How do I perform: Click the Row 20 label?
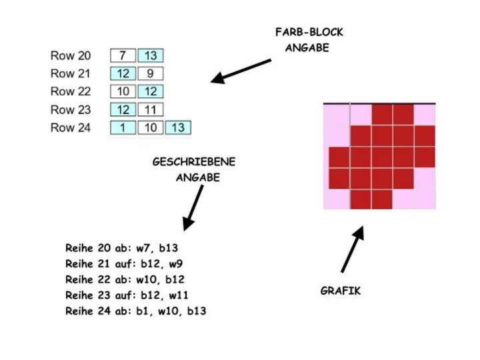pos(71,56)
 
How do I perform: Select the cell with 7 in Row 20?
pos(123,56)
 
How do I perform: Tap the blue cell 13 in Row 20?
pos(151,56)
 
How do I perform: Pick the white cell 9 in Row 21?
pos(151,74)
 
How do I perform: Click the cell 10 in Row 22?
pos(123,91)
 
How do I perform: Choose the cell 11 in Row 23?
pos(151,109)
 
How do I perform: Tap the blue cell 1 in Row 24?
pos(123,127)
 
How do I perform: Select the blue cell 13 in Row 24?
pos(178,127)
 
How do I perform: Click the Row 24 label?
pos(71,127)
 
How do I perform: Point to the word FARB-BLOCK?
pos(309,32)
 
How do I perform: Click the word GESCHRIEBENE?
pos(194,162)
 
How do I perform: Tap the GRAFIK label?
pos(340,291)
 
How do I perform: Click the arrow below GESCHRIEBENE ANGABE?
pos(193,208)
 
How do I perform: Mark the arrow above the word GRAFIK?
pos(353,250)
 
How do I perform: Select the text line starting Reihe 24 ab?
pos(135,311)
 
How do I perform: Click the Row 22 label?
pos(71,91)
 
